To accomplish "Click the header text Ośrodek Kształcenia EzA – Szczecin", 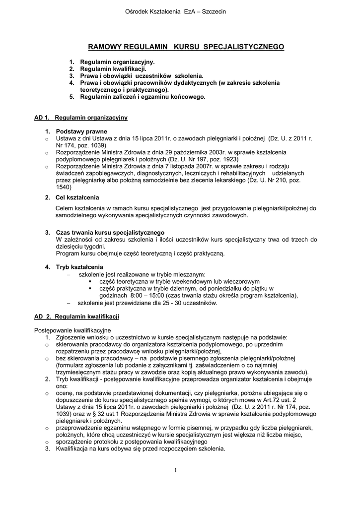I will pos(180,12).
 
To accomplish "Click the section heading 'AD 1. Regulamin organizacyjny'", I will pos(81,118).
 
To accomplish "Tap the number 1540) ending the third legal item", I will pos(65,188).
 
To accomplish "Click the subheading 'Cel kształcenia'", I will pos(77,197).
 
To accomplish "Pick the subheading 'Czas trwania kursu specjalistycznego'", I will pos(110,233).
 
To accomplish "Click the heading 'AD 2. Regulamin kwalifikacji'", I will pos(76,317).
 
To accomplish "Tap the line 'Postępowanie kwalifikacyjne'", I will pos(72,330).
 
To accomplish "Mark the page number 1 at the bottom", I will pos(176,470).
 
